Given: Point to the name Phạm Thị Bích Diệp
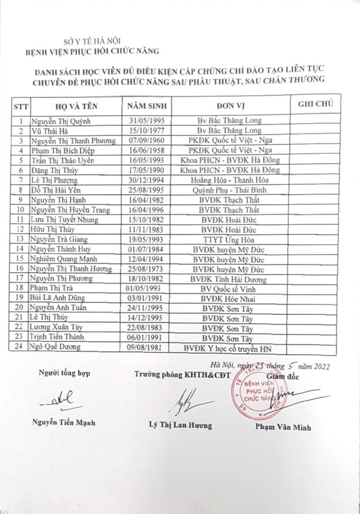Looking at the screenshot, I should pos(62,150).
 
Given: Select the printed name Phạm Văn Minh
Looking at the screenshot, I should pos(283,427).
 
